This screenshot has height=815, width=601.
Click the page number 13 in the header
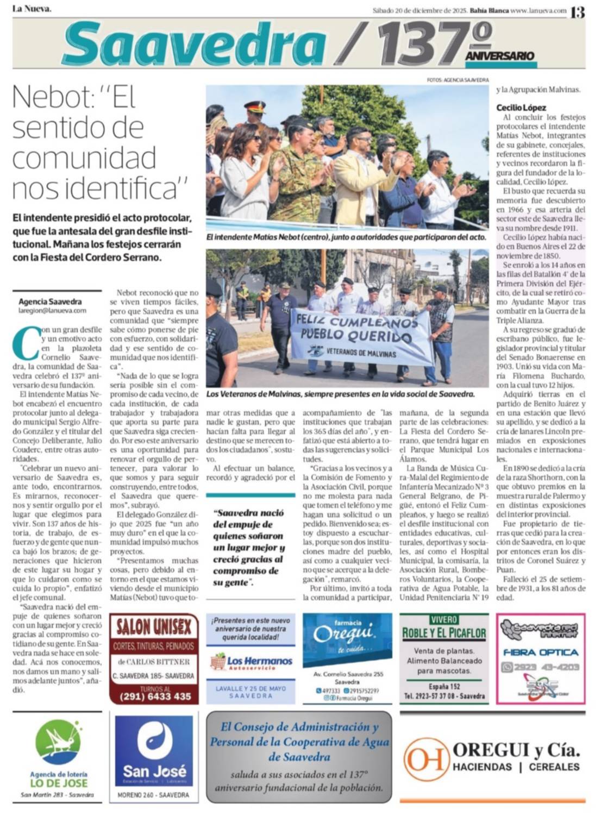coord(578,11)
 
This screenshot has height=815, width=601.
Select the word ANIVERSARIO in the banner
coord(499,56)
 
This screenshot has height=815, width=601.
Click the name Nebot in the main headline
coord(46,98)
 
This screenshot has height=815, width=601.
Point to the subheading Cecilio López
coord(521,108)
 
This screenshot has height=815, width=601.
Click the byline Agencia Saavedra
coord(50,302)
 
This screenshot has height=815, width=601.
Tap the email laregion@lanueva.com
coord(52,311)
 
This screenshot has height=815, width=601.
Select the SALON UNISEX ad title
coord(154,628)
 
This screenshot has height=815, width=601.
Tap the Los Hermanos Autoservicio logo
coord(251,662)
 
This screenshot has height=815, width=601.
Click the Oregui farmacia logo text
coord(344,634)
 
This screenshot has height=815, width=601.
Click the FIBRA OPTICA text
coord(540,652)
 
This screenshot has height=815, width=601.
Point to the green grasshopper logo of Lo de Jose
coord(58,742)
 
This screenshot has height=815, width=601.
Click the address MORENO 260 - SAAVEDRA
coord(154,795)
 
